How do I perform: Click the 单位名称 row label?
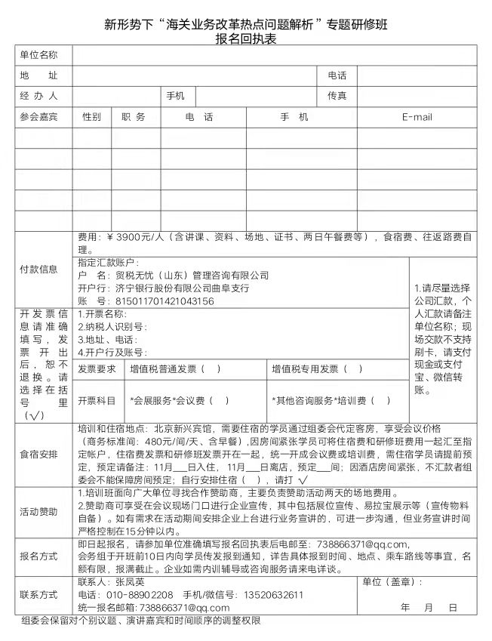click(x=38, y=55)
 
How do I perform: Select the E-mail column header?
click(x=417, y=117)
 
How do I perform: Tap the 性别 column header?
click(x=92, y=117)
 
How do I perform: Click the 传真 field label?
click(x=337, y=96)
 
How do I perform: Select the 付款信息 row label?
click(x=38, y=270)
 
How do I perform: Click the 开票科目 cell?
click(x=97, y=400)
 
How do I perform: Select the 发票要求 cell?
click(x=97, y=369)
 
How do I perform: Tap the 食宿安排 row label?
click(x=38, y=455)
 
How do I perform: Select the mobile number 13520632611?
click(x=272, y=595)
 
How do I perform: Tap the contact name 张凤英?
click(x=126, y=583)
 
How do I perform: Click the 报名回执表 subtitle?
click(x=245, y=39)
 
